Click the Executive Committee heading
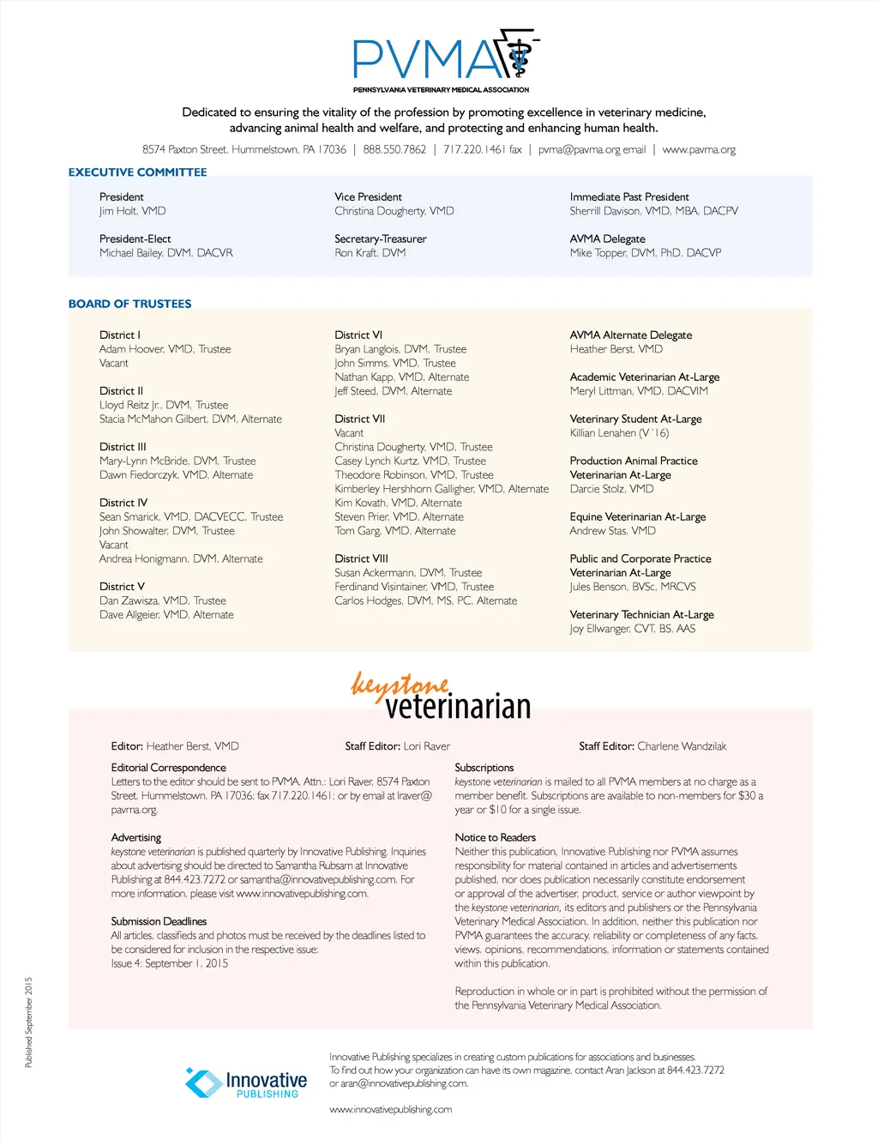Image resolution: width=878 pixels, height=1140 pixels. point(137,172)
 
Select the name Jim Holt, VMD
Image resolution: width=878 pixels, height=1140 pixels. point(132,211)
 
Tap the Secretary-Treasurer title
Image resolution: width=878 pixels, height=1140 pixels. point(380,239)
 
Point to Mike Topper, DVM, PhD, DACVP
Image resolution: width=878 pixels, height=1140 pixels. point(645,253)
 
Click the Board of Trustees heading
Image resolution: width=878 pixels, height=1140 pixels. point(129,304)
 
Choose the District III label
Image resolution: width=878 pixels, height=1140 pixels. point(123,447)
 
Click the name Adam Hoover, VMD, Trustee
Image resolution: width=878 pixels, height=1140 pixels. point(165,349)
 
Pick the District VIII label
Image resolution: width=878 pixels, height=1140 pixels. point(361,558)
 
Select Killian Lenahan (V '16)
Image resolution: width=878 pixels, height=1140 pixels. point(619,433)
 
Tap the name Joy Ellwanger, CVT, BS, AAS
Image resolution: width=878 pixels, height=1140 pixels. point(632,629)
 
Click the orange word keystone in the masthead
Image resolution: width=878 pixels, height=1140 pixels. point(400,685)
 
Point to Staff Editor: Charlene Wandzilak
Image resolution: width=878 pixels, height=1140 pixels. point(652,746)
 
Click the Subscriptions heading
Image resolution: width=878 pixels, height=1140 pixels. point(484,768)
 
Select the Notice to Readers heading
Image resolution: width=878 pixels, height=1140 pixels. point(495,837)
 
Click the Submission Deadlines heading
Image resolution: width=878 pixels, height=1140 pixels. point(159,921)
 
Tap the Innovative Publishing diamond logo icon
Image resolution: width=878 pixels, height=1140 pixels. point(204,1083)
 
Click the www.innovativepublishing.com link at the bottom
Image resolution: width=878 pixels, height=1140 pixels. point(390,1110)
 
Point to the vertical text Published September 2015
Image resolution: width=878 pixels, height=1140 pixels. point(28,1022)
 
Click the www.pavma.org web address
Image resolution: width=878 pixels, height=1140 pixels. point(699,149)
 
